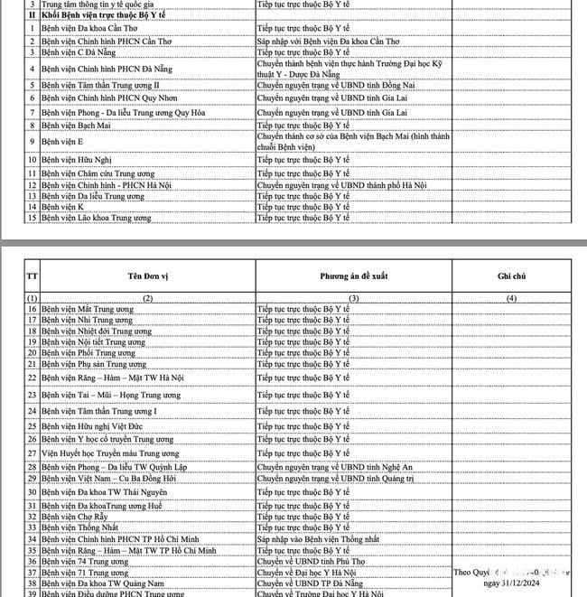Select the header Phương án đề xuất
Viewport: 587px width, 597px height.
(353, 275)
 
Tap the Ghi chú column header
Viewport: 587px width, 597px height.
(511, 275)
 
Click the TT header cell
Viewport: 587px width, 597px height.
(32, 275)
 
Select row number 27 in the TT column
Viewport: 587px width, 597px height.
(32, 452)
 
